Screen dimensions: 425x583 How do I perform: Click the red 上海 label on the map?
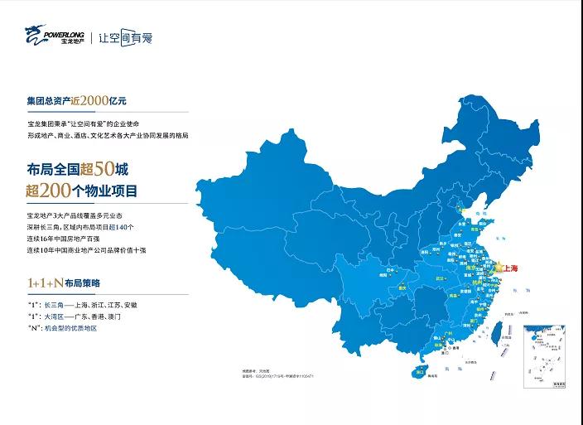(x=510, y=268)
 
